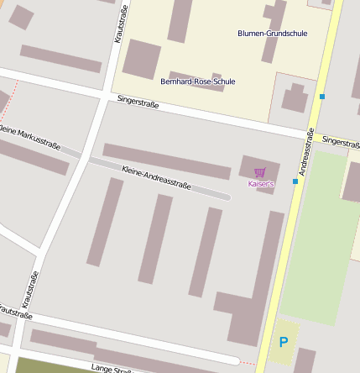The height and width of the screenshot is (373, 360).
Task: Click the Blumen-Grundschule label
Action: (x=273, y=34)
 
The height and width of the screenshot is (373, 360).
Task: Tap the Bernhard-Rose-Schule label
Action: (x=198, y=81)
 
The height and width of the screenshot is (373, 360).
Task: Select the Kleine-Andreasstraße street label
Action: (x=157, y=177)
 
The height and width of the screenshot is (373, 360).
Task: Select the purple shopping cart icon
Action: (x=259, y=172)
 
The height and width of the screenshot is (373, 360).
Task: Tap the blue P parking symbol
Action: (x=284, y=342)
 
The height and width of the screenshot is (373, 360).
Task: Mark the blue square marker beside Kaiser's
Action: (x=295, y=181)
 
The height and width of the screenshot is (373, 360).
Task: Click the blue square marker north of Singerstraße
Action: (x=322, y=97)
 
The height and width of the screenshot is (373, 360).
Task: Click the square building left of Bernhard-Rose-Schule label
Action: (x=141, y=59)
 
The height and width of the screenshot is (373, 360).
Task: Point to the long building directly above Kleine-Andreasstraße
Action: (x=166, y=160)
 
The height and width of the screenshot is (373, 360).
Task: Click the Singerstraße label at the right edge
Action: (x=342, y=142)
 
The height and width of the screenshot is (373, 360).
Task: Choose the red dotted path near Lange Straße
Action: (x=247, y=363)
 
